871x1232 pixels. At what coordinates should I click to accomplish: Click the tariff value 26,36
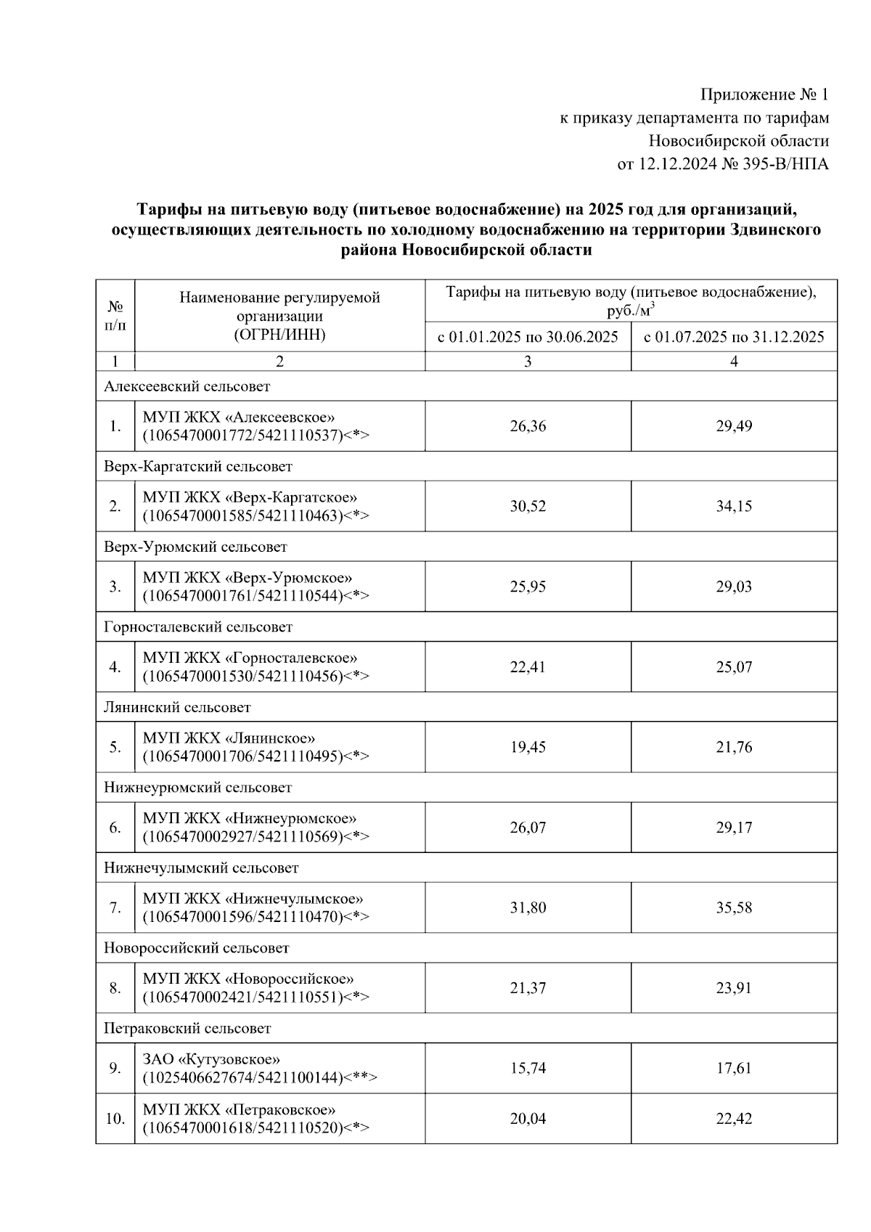click(528, 426)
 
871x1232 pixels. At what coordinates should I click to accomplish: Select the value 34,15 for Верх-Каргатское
click(734, 506)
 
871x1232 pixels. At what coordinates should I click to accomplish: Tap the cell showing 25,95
click(528, 587)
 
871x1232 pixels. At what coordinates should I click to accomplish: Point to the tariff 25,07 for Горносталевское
click(734, 666)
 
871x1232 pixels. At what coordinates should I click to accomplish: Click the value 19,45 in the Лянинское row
click(528, 747)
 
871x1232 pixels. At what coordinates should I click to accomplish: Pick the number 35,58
click(734, 907)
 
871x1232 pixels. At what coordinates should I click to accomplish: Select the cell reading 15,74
click(528, 1068)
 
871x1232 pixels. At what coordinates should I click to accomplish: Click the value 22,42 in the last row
click(734, 1119)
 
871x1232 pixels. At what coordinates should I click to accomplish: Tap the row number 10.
click(115, 1119)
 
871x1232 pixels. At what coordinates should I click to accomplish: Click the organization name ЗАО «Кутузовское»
click(211, 1059)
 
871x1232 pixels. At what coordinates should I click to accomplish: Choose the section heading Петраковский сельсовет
click(187, 1029)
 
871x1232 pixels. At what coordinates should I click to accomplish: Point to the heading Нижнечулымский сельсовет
click(201, 868)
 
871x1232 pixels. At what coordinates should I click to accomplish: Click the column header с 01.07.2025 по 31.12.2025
click(734, 338)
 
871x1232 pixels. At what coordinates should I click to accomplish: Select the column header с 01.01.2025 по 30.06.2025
click(528, 338)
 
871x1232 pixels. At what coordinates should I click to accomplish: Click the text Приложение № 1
click(764, 95)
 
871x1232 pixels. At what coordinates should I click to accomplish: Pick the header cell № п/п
click(115, 316)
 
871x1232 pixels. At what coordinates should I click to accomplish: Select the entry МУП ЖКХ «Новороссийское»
click(248, 979)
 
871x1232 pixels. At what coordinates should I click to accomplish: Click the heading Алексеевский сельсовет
click(187, 387)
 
